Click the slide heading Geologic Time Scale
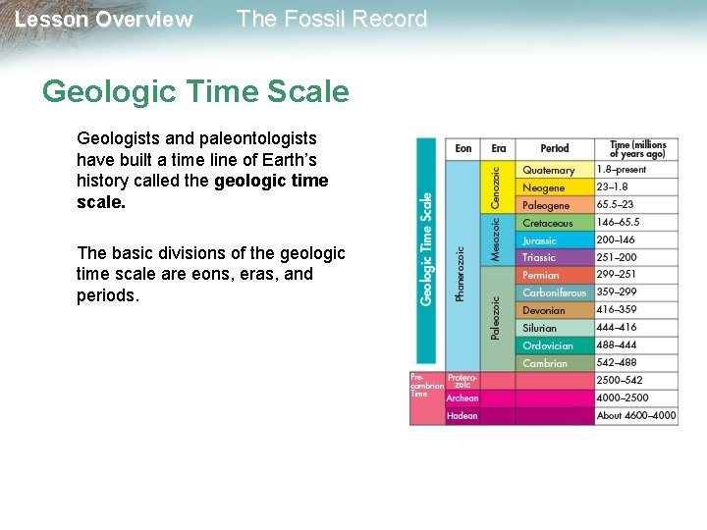pos(195,92)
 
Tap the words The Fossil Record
pos(332,19)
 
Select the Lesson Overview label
pos(104,20)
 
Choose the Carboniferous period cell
pos(554,292)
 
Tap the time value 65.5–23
pos(615,205)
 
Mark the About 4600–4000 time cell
pos(636,416)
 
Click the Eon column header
pos(463,148)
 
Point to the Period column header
pos(555,148)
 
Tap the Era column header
pos(499,148)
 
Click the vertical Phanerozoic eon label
pos(461,273)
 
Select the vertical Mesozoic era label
pos(496,237)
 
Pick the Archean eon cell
pos(462,398)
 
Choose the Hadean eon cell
pos(462,416)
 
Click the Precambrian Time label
pos(425,384)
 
